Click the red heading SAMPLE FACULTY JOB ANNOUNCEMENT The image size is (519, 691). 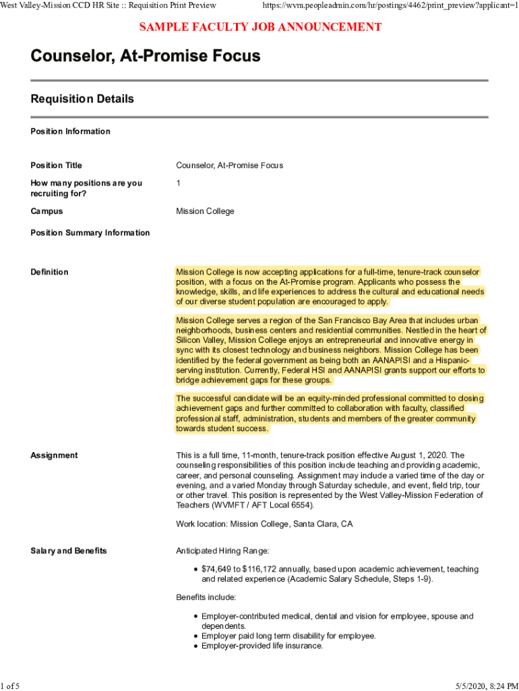tap(260, 27)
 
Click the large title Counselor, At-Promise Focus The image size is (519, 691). tap(146, 56)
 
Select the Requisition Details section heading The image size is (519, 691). tap(82, 99)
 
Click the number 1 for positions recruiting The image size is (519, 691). tap(179, 183)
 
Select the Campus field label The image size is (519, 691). tap(47, 211)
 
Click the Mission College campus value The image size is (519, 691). tap(205, 211)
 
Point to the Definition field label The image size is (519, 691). tap(49, 272)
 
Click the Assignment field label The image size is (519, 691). tap(54, 455)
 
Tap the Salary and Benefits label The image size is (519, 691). tap(69, 551)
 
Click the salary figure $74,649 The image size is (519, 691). tap(218, 570)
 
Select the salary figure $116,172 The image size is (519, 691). tap(264, 570)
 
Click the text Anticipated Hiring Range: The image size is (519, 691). tap(222, 551)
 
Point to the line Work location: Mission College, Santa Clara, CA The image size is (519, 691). tap(264, 524)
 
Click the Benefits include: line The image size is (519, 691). tap(206, 597)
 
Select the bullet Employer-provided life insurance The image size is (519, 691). tap(262, 646)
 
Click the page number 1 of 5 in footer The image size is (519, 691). tap(10, 686)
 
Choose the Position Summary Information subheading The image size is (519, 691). tap(90, 233)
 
